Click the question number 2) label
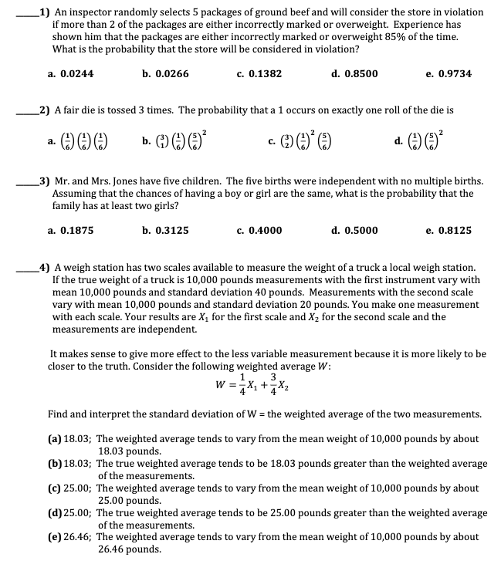point(45,110)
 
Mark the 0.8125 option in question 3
point(454,230)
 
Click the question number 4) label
point(45,268)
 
